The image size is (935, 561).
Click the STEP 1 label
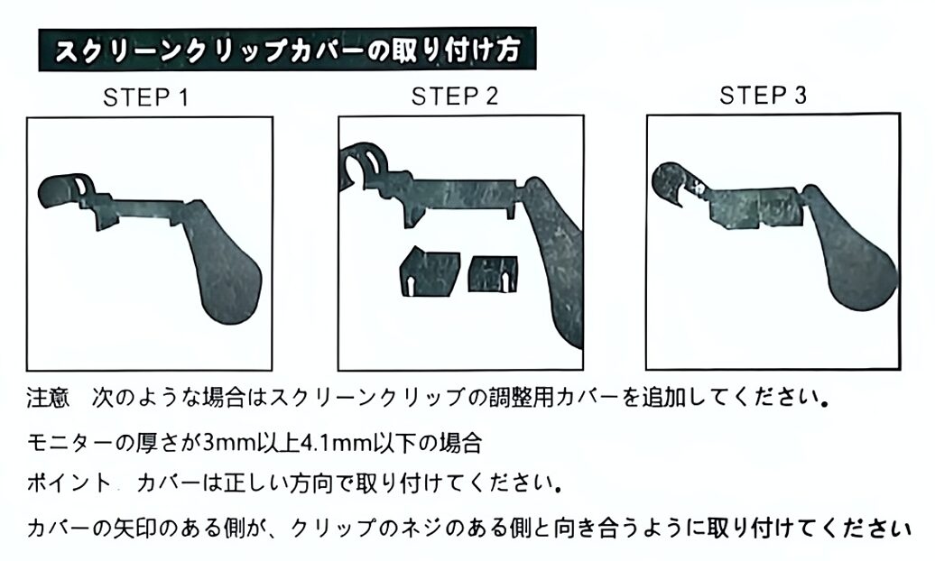click(x=145, y=97)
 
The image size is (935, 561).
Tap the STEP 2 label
click(x=454, y=96)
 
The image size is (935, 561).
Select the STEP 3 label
click(x=763, y=95)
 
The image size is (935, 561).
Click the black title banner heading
click(x=287, y=50)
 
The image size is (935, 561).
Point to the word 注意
click(x=49, y=398)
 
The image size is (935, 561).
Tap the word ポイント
click(x=69, y=483)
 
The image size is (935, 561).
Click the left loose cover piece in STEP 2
click(x=430, y=271)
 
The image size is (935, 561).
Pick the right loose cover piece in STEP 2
click(x=493, y=273)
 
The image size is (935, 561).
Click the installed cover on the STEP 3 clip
click(x=754, y=207)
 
